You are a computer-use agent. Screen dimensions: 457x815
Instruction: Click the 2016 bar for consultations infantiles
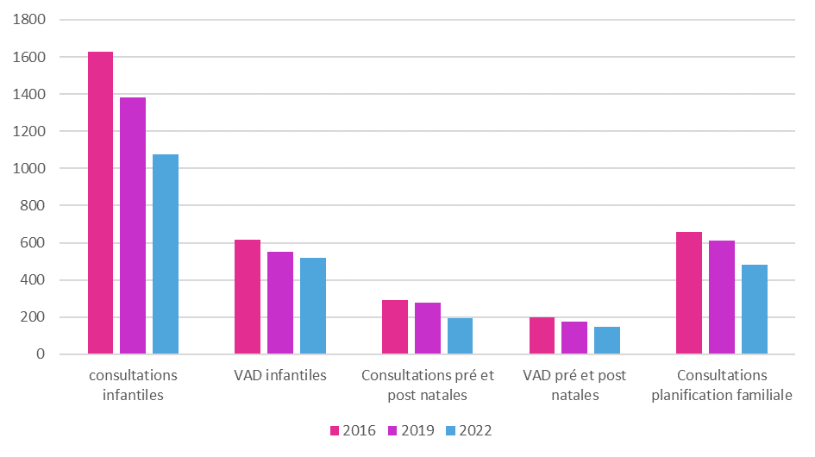100,203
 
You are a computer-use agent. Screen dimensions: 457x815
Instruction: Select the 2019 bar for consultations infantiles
133,226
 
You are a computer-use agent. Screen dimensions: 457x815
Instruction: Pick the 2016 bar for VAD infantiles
248,297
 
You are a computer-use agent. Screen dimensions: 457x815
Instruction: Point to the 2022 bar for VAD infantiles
313,306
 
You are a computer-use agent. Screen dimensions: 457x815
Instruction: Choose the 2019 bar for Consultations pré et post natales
428,329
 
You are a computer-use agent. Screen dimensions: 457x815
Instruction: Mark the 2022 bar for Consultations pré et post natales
460,336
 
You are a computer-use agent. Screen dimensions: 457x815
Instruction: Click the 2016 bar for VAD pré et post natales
542,335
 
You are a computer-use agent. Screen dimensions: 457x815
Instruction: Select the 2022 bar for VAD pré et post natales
607,341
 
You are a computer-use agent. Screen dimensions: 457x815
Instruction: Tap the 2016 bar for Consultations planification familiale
689,293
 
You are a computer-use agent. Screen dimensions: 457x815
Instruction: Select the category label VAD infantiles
280,376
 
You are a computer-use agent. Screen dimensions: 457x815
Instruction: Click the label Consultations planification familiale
722,385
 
